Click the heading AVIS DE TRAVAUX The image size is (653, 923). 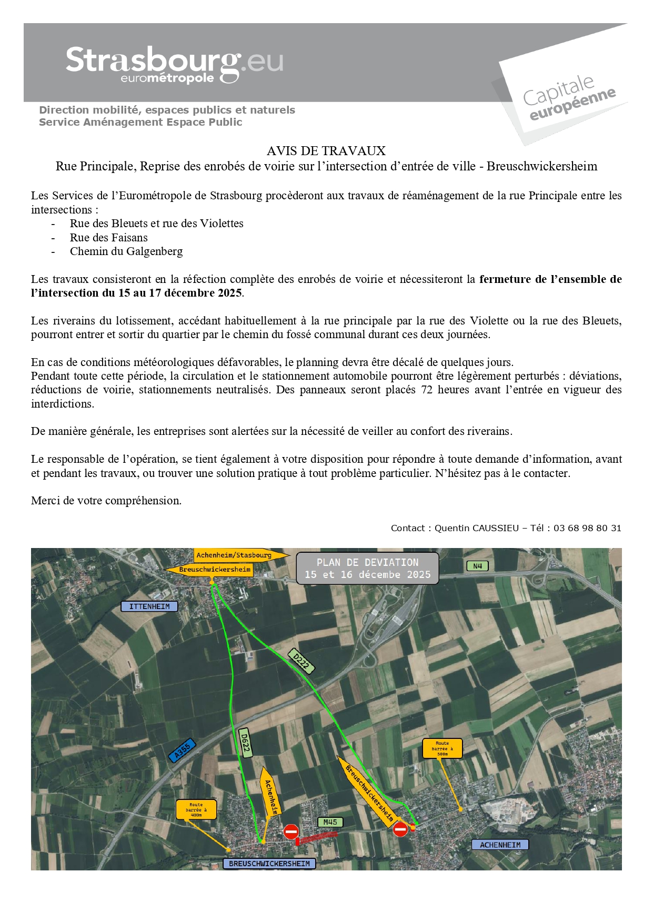point(326,151)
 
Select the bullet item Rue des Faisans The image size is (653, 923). point(108,238)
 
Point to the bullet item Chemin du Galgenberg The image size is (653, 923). point(126,251)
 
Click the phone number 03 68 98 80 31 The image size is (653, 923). point(587,528)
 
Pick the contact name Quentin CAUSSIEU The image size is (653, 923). point(476,528)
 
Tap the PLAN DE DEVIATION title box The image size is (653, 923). point(367,569)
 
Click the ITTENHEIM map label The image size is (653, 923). point(149,606)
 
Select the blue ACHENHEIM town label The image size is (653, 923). point(500,845)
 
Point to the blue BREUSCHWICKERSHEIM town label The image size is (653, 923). point(269,864)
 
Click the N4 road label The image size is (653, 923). point(477,566)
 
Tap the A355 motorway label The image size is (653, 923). point(182,750)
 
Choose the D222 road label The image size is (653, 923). point(302,661)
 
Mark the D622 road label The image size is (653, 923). point(245,743)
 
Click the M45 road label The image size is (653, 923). point(330,822)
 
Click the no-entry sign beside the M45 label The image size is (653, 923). point(291,831)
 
